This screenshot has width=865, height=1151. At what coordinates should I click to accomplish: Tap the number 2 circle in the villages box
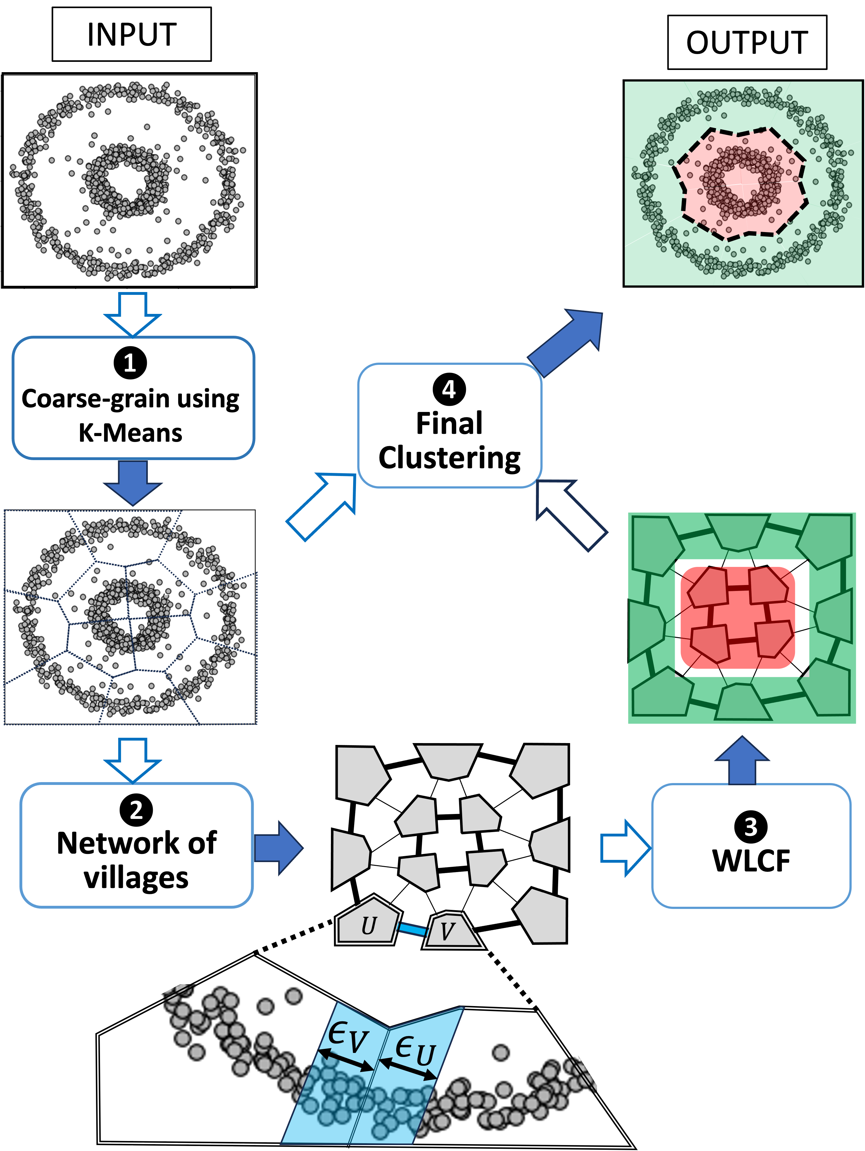click(x=136, y=810)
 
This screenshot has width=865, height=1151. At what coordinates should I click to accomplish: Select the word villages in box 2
click(x=136, y=878)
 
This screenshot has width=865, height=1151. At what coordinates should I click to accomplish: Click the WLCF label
click(x=751, y=861)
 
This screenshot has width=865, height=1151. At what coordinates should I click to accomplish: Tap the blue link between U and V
click(x=412, y=929)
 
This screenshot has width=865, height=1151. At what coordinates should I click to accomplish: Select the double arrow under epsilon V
click(x=346, y=1059)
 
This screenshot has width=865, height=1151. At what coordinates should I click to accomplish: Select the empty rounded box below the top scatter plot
click(x=133, y=398)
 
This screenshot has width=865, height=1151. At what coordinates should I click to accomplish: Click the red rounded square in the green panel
click(x=738, y=618)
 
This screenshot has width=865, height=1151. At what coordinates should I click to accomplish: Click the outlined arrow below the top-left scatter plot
click(x=133, y=313)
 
